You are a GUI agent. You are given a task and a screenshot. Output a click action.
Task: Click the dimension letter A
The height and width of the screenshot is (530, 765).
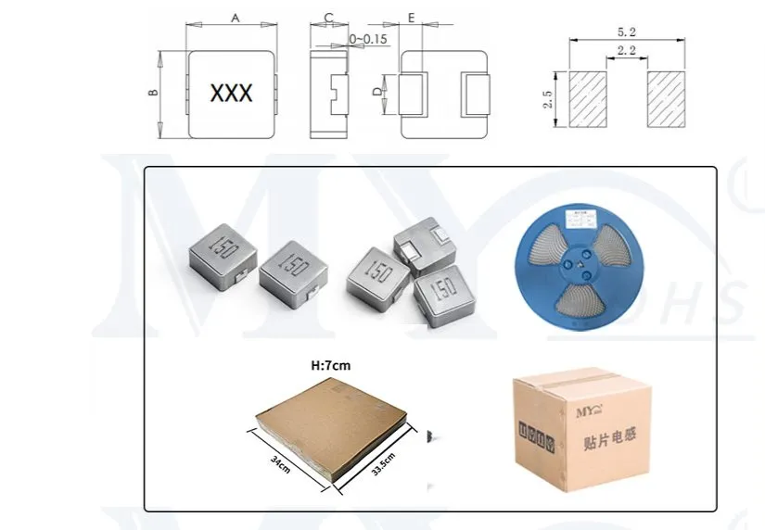234,17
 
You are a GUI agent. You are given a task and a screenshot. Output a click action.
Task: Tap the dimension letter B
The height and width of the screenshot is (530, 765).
154,93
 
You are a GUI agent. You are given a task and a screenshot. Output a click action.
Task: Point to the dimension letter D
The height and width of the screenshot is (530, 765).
376,93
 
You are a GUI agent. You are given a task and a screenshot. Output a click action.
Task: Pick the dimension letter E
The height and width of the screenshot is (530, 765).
411,17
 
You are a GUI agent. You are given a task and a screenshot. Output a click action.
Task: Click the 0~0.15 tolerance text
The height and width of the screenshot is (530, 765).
368,38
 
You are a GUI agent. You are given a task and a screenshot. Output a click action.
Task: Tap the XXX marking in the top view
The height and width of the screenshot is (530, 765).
233,94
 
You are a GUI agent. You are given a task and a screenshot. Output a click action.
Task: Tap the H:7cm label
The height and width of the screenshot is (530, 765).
330,366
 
